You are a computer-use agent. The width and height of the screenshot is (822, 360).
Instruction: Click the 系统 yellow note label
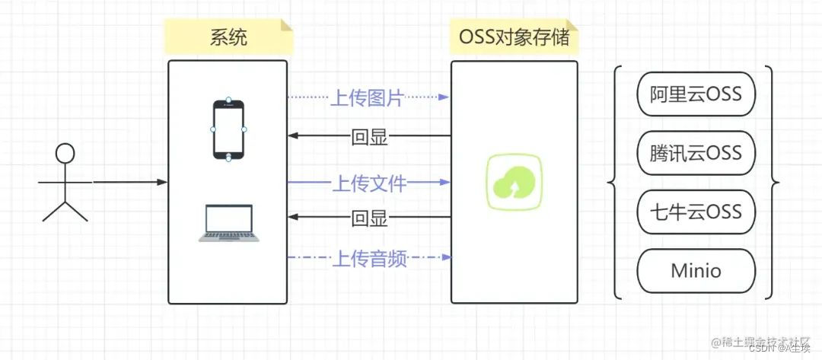coord(228,37)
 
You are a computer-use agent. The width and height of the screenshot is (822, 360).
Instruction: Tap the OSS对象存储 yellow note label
coord(515,37)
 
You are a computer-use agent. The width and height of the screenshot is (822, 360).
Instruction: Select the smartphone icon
coord(228,129)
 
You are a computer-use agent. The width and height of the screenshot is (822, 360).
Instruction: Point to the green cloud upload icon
coord(515,183)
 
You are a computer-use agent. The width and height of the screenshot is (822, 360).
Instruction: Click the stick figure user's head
coord(65,154)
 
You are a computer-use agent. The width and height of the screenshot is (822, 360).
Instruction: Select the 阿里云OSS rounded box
coord(696,94)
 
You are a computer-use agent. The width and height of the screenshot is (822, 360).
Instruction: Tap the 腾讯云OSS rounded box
coord(696,152)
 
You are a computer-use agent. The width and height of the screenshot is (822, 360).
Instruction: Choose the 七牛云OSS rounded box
coord(696,211)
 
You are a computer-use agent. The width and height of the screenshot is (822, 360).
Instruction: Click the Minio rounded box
coord(696,269)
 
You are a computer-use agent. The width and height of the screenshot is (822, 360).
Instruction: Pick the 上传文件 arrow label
coord(369,183)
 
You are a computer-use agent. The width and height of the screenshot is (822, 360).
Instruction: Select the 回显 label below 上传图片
coord(369,137)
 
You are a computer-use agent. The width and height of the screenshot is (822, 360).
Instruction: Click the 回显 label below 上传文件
coord(369,218)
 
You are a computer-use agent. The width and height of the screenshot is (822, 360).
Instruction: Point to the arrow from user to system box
coord(129,183)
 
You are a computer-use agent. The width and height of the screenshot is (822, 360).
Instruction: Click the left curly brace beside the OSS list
coord(615,183)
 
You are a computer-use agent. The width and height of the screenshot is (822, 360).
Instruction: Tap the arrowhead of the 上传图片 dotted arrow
coord(444,97)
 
